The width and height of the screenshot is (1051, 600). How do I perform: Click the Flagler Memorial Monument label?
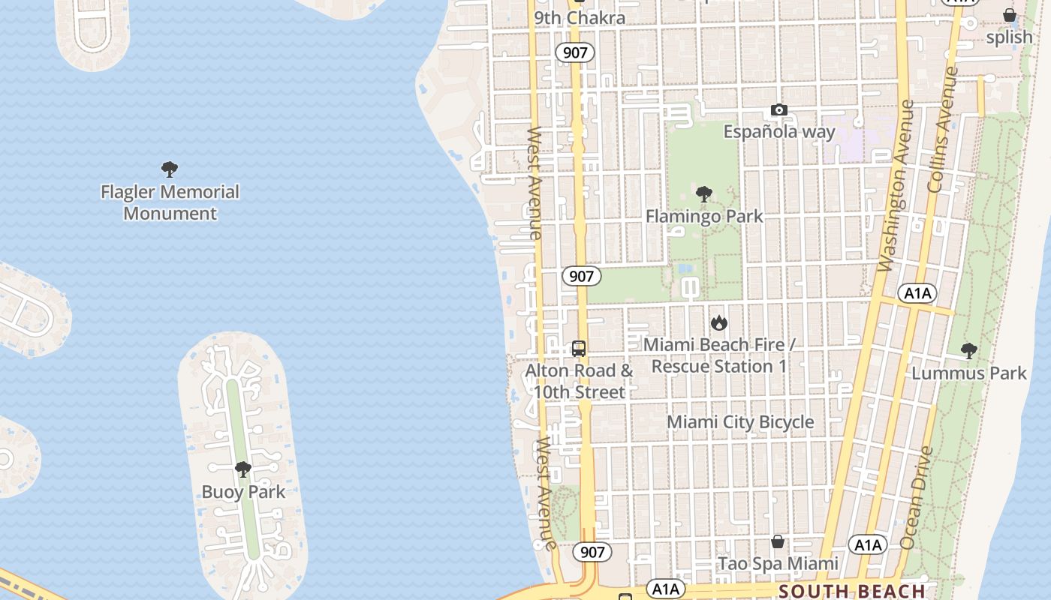point(170,202)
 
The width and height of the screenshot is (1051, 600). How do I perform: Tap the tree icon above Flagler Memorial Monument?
point(170,169)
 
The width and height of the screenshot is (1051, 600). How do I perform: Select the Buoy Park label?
point(243,492)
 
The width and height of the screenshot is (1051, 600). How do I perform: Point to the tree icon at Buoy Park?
point(242,469)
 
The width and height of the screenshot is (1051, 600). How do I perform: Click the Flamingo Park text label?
point(704,216)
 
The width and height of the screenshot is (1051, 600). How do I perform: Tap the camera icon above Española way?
point(778,110)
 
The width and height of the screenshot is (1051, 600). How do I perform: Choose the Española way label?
point(778,132)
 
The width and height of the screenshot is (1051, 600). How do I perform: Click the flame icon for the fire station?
point(719,322)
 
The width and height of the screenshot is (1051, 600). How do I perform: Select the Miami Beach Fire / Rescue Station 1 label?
point(719,355)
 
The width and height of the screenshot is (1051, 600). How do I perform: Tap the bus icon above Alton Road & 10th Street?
point(579,348)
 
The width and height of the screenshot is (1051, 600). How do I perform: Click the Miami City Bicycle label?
point(740,421)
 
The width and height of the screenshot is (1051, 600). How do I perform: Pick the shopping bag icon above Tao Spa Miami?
point(778,541)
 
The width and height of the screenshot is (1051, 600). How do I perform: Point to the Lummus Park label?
point(968,373)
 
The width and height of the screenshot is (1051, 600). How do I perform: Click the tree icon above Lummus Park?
point(968,350)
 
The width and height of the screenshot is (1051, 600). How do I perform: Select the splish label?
point(1009,37)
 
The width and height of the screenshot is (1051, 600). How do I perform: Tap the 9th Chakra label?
point(580,17)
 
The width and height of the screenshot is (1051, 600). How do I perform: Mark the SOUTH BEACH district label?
point(851,591)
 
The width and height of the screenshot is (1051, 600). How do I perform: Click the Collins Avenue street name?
point(944,129)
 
